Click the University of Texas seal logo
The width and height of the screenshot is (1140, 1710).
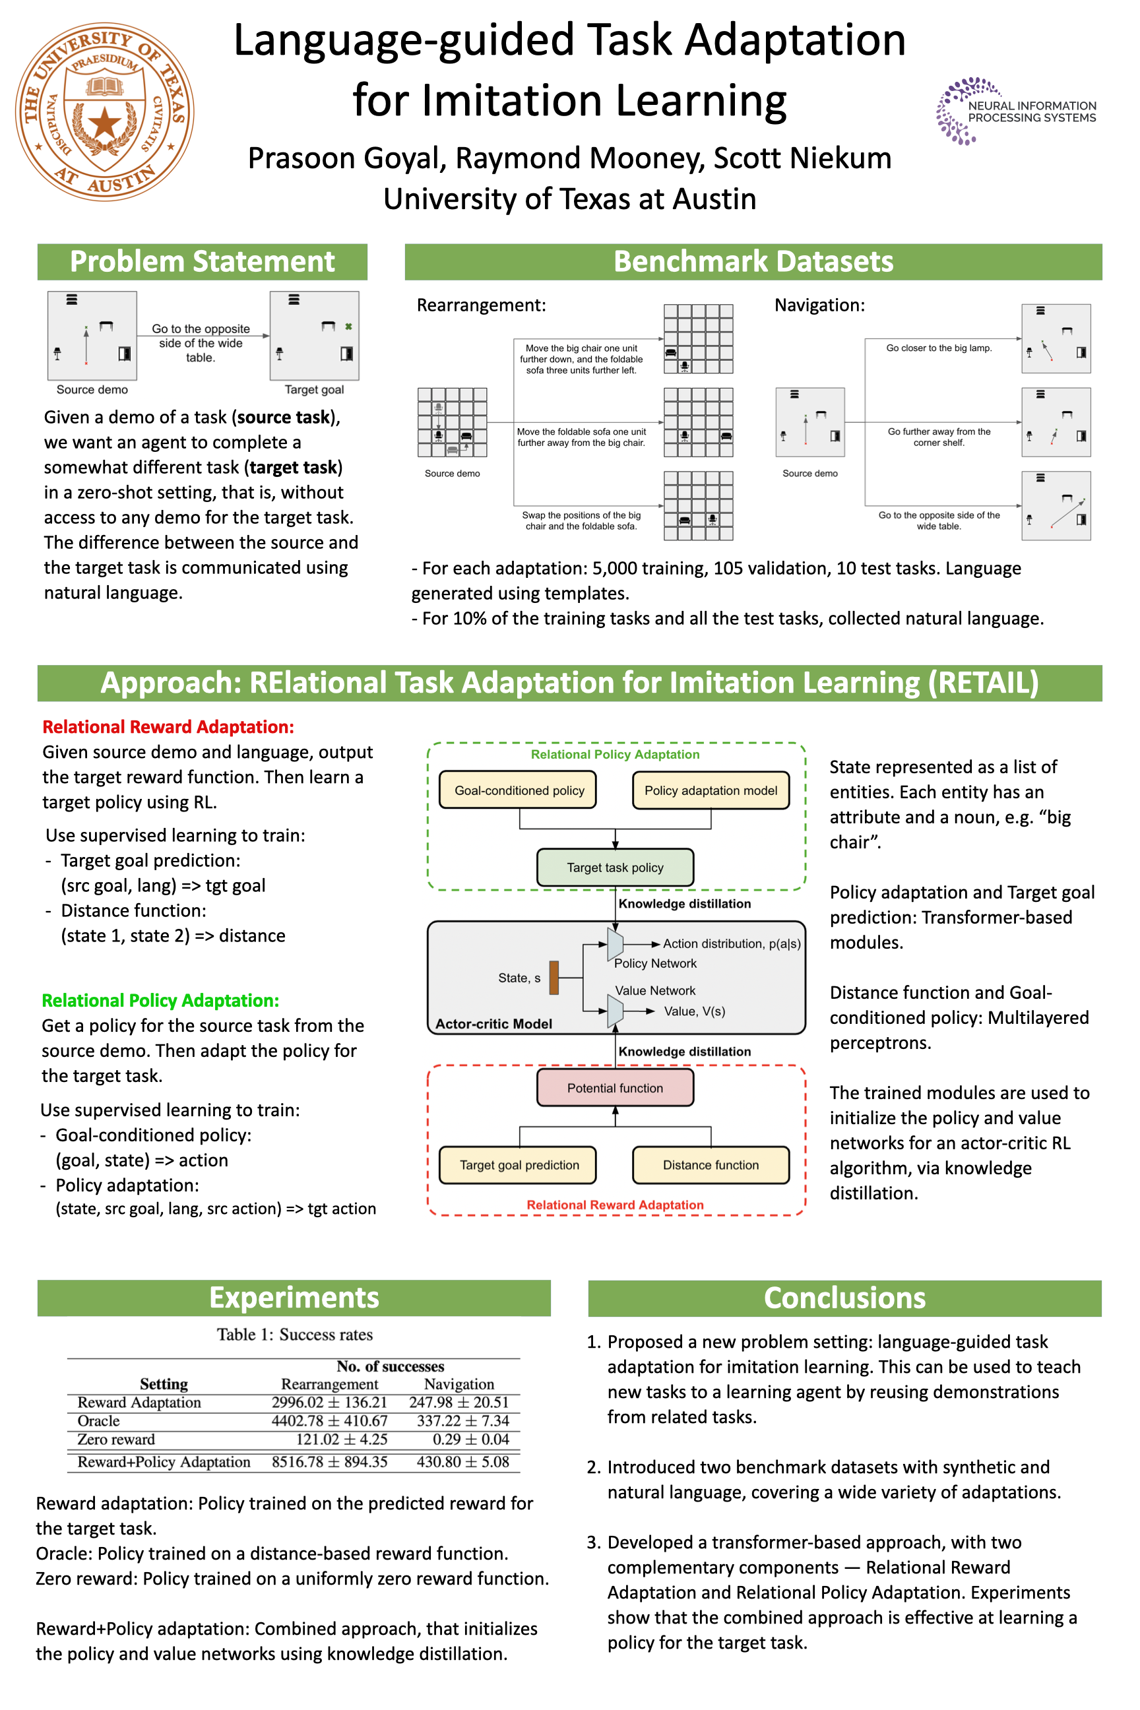(105, 111)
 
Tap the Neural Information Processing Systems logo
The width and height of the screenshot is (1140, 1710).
(1017, 111)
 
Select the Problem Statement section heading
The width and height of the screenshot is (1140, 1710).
(202, 262)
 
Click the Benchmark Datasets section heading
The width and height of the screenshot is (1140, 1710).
(753, 262)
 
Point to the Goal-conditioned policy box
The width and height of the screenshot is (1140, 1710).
(519, 790)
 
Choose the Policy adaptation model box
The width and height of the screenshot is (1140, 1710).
(711, 790)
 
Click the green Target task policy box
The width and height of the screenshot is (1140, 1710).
(615, 868)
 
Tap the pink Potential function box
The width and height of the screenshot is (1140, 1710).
(615, 1088)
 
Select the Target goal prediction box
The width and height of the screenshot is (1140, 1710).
(519, 1164)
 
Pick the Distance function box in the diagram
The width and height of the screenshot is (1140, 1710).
(711, 1164)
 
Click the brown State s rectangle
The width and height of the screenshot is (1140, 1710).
(554, 977)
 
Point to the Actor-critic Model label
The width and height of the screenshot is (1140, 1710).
(493, 1024)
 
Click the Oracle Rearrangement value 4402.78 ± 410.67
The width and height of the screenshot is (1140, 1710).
(329, 1420)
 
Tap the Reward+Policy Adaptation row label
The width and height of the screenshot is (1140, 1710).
(164, 1462)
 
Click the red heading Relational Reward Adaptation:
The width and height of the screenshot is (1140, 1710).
(168, 727)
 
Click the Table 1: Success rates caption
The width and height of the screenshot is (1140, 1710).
(294, 1335)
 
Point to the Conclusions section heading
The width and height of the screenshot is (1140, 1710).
(845, 1298)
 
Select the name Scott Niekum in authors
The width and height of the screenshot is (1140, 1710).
(803, 158)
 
